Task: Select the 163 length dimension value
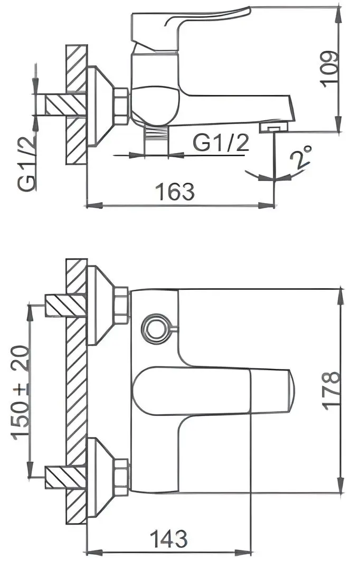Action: pos(176,191)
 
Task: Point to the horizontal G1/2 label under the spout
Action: pos(221,142)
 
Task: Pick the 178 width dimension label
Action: pos(331,391)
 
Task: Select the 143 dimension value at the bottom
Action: pos(168,539)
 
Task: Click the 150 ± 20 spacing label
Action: pos(21,391)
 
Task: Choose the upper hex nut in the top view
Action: pos(121,305)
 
